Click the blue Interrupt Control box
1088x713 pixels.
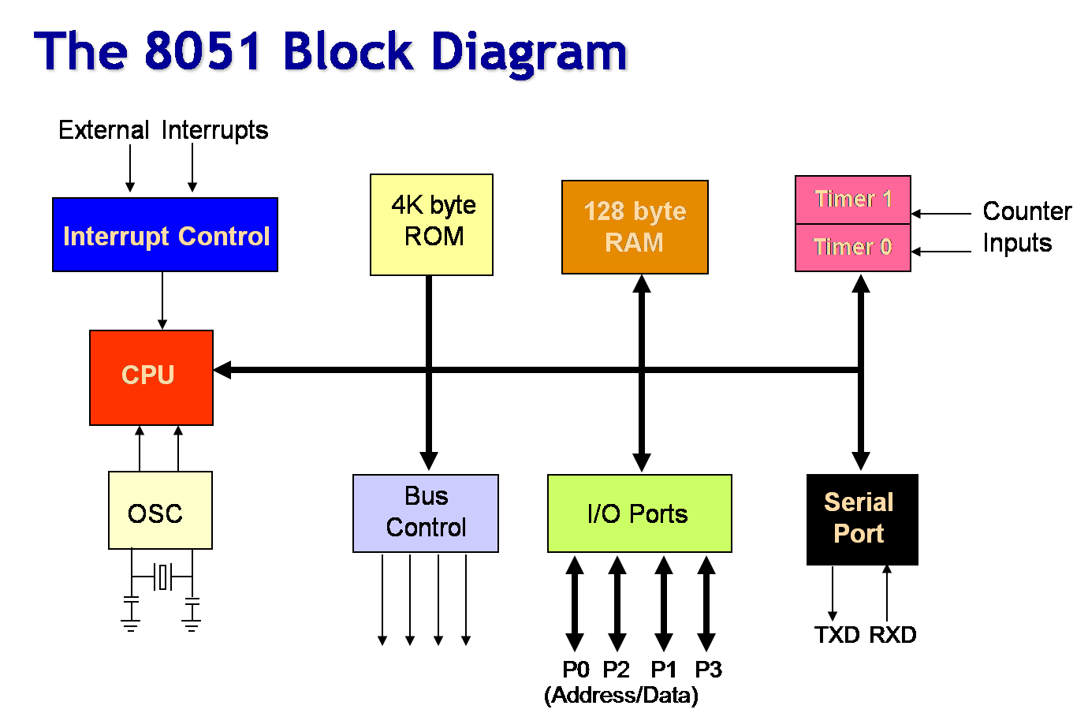coord(165,234)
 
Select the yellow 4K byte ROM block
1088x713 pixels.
coord(431,225)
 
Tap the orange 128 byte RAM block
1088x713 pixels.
coord(635,227)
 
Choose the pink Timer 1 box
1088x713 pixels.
coord(852,200)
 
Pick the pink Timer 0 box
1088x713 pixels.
coord(852,248)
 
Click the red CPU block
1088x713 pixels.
coord(151,377)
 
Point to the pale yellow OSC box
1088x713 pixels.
coord(160,510)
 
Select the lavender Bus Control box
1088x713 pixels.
coord(425,513)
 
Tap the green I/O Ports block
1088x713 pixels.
coord(639,513)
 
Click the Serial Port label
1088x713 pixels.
coord(859,517)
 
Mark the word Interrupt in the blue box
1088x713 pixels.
coord(117,237)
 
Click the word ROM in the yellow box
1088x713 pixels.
coord(434,237)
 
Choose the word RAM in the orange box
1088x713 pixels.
coord(634,243)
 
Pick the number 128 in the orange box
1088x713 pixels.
coord(604,211)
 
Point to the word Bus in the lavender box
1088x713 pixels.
coord(426,496)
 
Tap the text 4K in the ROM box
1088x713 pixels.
coord(408,205)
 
